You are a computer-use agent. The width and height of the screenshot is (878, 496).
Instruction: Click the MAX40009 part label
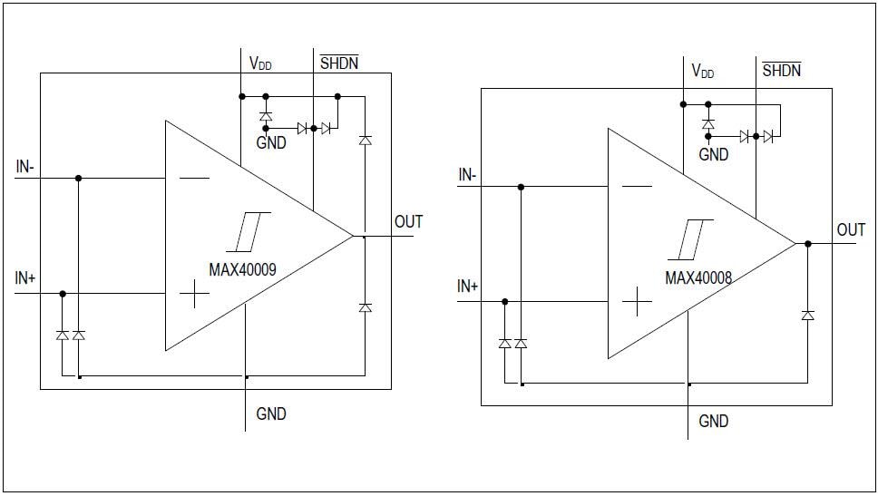click(x=243, y=268)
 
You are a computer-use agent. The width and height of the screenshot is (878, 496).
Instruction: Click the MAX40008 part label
click(x=698, y=277)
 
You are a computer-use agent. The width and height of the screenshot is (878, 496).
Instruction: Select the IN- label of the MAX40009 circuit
click(x=24, y=167)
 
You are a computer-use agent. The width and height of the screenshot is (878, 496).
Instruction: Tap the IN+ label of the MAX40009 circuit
click(x=25, y=278)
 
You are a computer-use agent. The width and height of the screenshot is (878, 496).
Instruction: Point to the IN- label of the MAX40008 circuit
click(x=467, y=175)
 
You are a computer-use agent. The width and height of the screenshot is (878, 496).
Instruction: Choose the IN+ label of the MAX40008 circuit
click(x=468, y=287)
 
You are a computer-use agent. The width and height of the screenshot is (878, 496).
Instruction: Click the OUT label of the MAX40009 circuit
click(x=408, y=221)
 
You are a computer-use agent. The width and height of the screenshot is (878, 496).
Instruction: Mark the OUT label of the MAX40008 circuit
click(x=851, y=229)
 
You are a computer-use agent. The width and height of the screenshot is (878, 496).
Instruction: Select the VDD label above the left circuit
click(x=260, y=64)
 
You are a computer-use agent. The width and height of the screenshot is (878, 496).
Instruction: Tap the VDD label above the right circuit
click(x=702, y=71)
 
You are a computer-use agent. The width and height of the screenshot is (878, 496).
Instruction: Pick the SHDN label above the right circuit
click(x=781, y=70)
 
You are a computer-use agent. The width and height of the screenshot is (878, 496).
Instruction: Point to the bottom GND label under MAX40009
click(x=271, y=413)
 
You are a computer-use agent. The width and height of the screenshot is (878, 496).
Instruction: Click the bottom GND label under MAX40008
click(x=714, y=421)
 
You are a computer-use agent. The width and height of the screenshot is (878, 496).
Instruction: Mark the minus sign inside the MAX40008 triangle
click(x=637, y=187)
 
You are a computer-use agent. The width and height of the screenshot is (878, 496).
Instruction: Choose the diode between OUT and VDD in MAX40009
click(x=365, y=141)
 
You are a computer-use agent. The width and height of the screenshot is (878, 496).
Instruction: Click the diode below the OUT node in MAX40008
click(x=807, y=315)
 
